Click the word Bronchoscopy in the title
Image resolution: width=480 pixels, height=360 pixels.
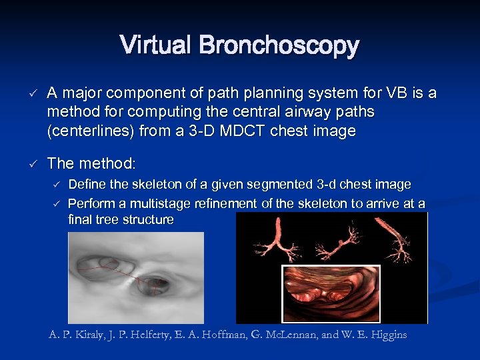click(x=279, y=46)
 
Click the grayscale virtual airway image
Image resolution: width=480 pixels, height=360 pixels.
click(x=136, y=277)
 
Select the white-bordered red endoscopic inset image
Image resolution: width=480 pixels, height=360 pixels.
click(x=331, y=293)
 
